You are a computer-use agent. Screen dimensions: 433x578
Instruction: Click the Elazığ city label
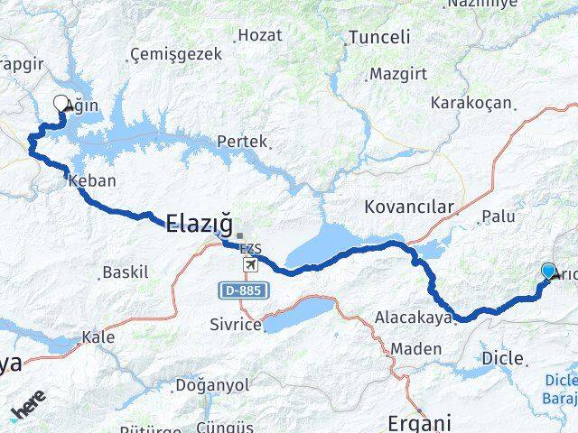click(200, 223)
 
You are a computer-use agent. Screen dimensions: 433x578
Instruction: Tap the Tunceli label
click(379, 38)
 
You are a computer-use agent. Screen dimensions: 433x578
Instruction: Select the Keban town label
click(92, 180)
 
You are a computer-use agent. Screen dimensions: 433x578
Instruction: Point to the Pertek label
click(241, 142)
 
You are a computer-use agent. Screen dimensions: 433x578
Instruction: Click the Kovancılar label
click(409, 207)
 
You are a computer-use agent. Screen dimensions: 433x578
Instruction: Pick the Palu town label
click(499, 216)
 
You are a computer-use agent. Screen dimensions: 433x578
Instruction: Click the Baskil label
click(125, 272)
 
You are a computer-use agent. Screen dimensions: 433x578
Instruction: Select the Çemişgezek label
click(175, 54)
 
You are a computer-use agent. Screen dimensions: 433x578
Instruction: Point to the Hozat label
click(261, 35)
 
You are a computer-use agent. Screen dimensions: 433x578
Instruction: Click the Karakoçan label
click(471, 104)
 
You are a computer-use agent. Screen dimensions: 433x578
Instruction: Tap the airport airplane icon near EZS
click(250, 267)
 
